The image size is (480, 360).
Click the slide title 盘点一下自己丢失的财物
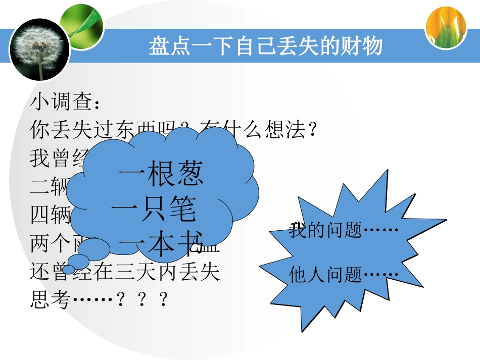coord(265,46)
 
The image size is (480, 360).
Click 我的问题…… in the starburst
coord(344,231)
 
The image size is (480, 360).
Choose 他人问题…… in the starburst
coord(344,275)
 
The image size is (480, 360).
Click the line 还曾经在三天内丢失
coord(125,273)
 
